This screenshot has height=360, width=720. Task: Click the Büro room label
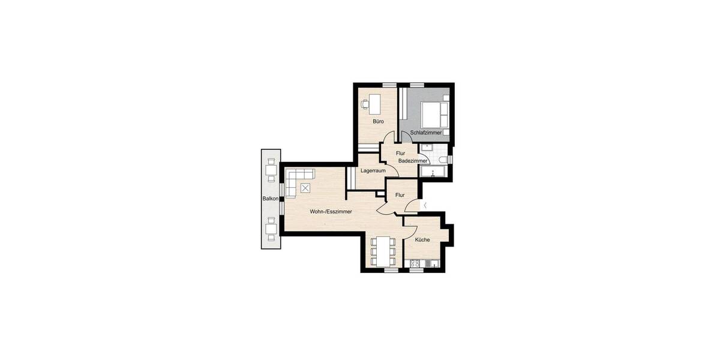(378, 122)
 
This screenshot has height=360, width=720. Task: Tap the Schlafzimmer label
(426, 133)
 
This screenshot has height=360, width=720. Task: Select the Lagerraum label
(373, 171)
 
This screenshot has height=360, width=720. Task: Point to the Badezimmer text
(413, 161)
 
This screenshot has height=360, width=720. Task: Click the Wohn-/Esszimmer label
(331, 212)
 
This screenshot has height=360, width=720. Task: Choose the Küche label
(422, 240)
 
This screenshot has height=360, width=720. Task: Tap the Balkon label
(269, 198)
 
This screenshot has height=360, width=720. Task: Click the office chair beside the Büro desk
(365, 104)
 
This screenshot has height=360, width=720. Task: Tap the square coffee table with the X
(306, 188)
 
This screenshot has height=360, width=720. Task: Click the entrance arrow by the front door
(424, 206)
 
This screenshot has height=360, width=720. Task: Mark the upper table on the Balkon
(271, 169)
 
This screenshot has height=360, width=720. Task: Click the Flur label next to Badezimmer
(401, 153)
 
